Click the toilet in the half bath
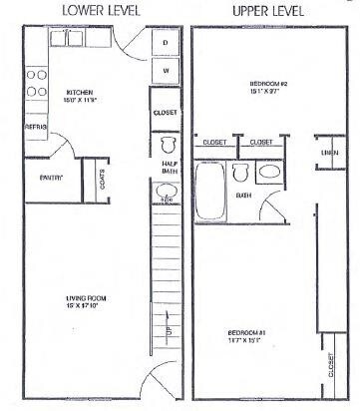[x=167, y=145]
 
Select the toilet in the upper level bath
[x=239, y=173]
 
